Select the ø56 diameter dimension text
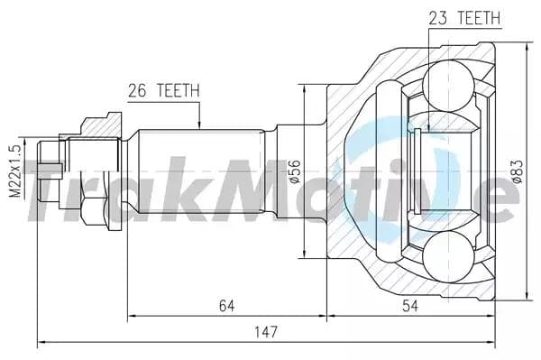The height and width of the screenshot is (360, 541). (295, 171)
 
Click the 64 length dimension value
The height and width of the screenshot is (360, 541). (225, 307)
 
